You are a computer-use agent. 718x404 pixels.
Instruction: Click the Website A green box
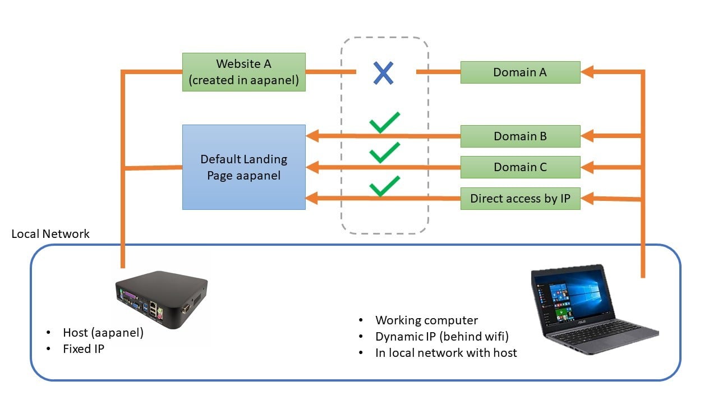(x=243, y=72)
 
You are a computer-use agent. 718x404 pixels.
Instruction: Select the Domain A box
(x=520, y=72)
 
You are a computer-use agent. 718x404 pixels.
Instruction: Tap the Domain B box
(x=520, y=136)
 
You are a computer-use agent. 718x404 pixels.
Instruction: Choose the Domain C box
(x=520, y=167)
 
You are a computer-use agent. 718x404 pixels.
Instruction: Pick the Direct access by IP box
(x=520, y=199)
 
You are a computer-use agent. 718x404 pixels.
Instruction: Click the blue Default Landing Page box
(x=243, y=167)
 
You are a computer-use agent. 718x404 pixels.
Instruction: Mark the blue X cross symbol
(x=384, y=73)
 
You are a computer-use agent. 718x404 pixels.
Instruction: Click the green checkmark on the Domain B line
(x=384, y=122)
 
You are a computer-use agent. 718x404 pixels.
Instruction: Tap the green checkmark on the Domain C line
(x=384, y=153)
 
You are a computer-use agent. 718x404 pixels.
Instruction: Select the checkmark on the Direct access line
(x=384, y=186)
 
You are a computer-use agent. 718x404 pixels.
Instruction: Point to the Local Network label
(x=50, y=234)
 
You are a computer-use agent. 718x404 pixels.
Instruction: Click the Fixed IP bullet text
(x=84, y=349)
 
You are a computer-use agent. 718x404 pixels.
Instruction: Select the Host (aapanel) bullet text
(x=103, y=333)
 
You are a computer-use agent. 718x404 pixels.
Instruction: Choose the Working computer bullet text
(x=426, y=320)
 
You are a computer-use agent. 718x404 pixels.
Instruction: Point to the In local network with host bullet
(x=446, y=353)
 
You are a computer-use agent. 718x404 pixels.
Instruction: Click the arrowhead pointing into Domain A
(x=587, y=72)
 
